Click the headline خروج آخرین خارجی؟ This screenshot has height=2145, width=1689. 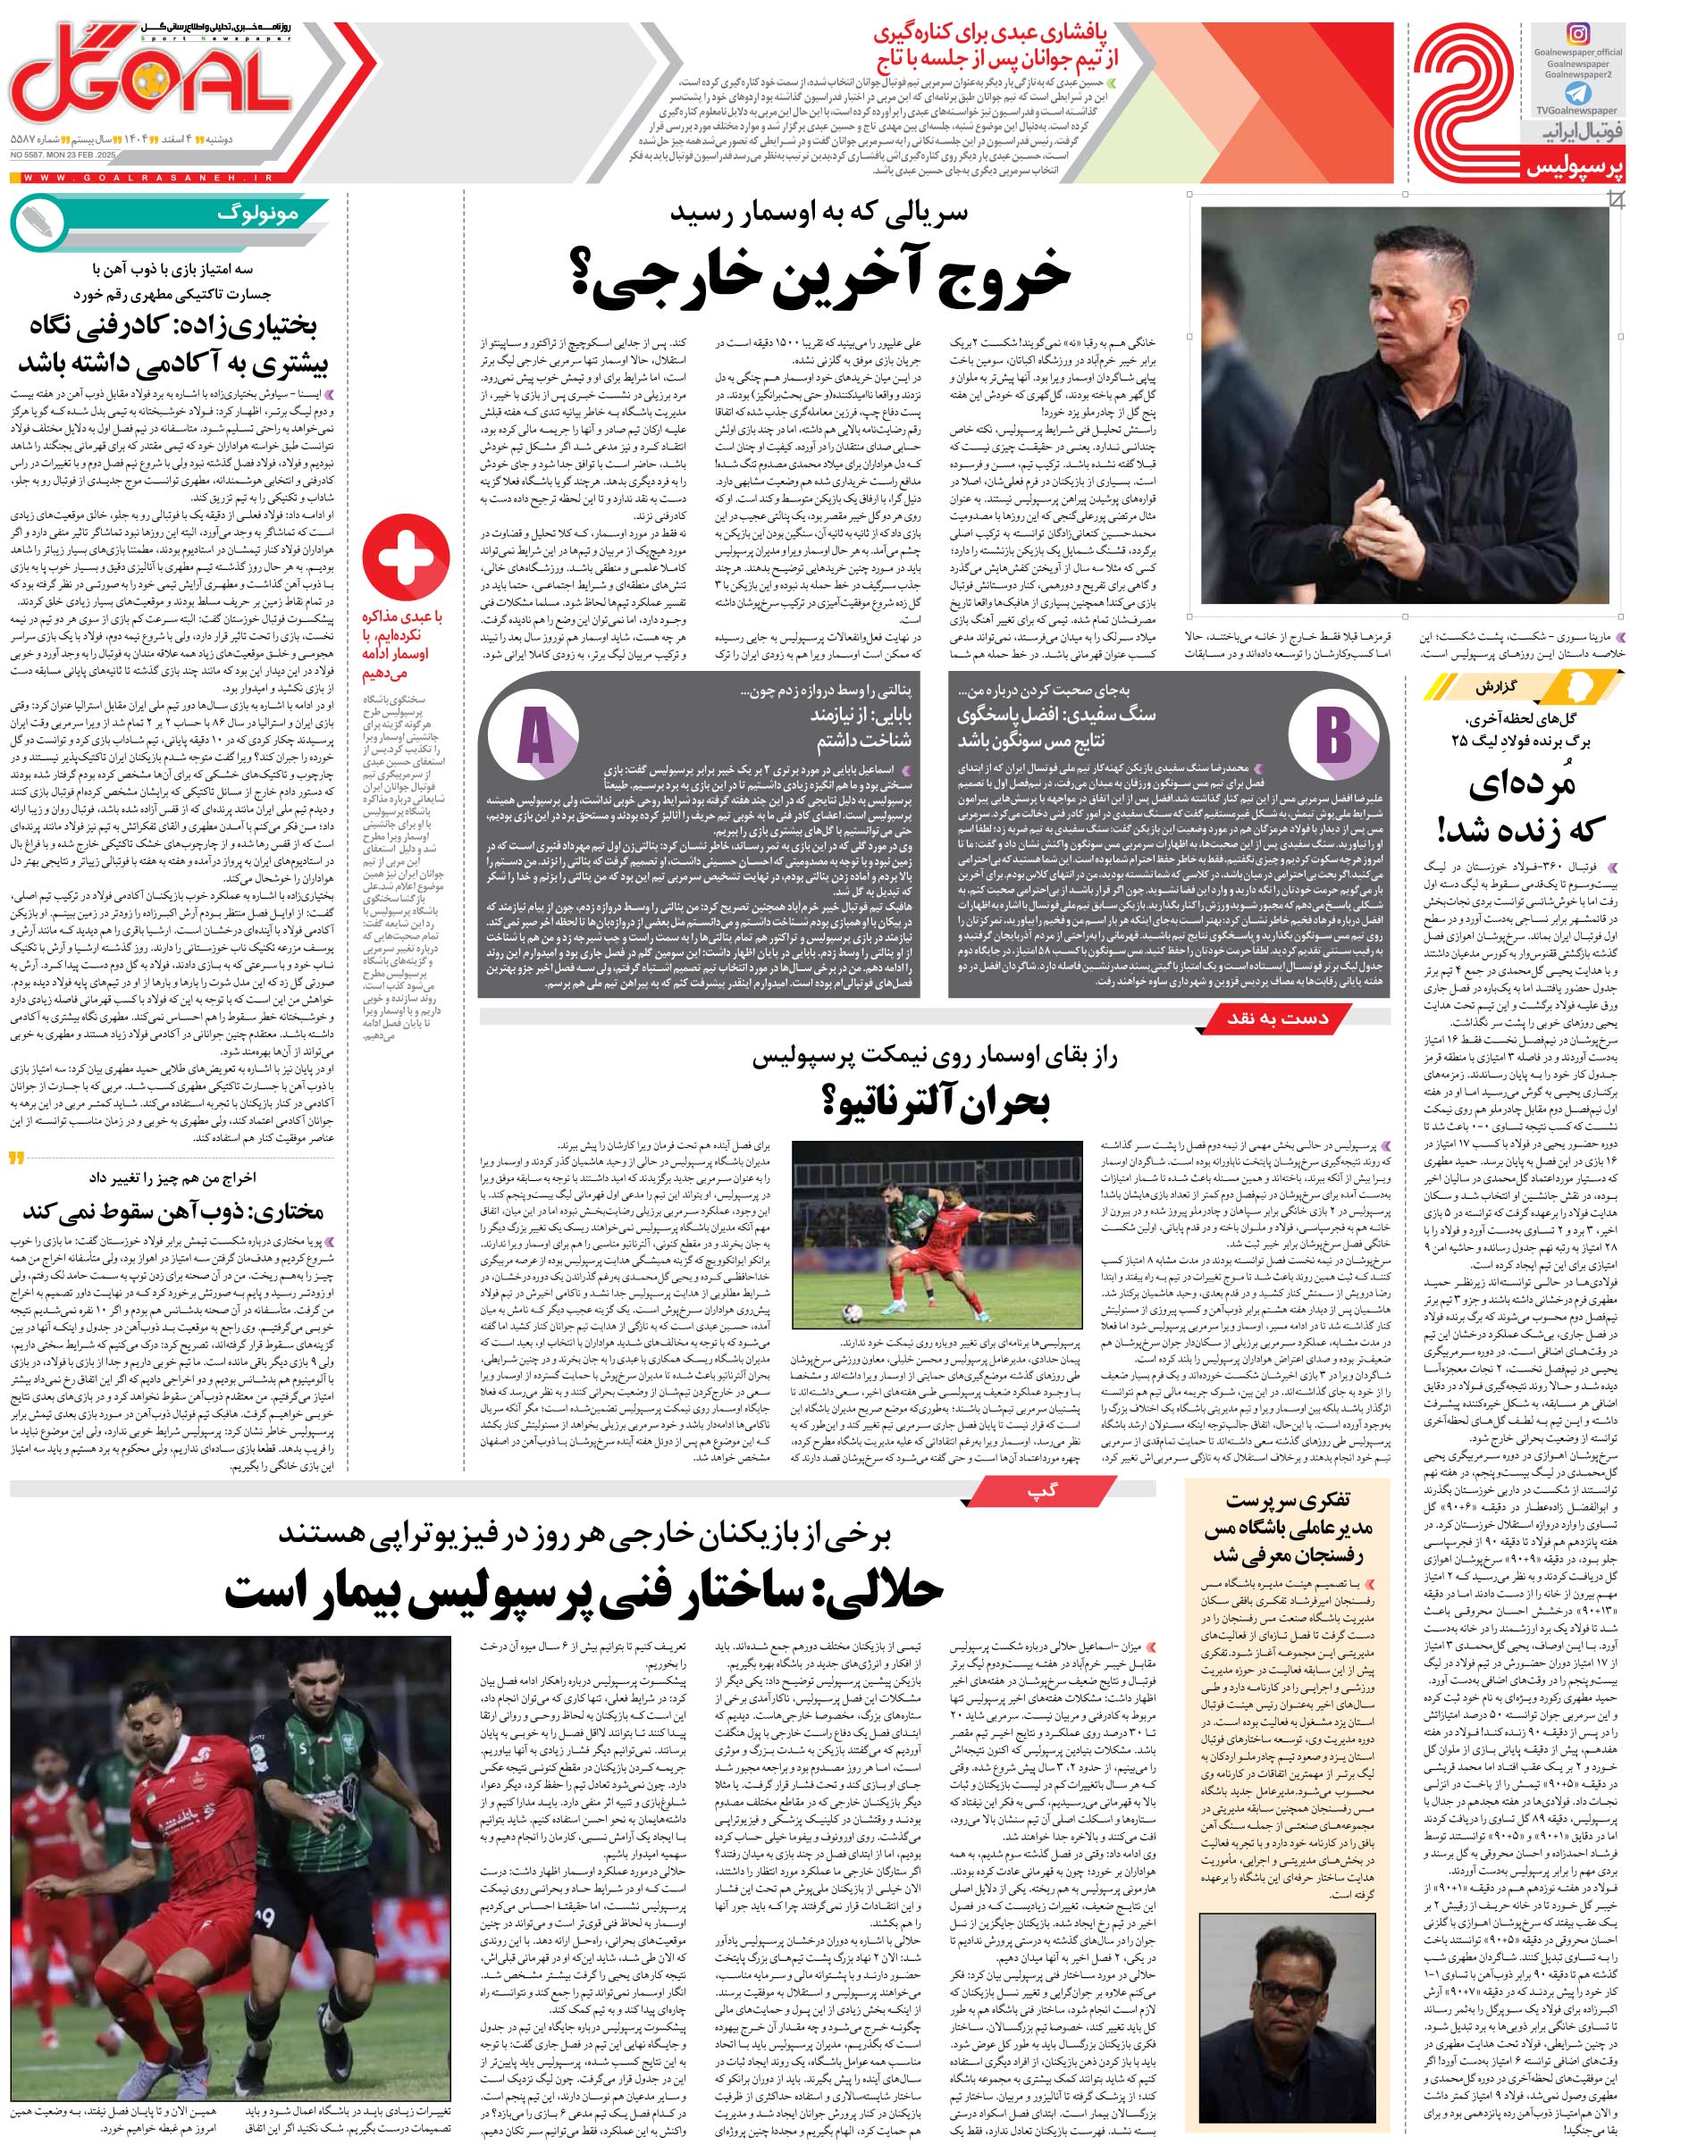pyautogui.click(x=819, y=275)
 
